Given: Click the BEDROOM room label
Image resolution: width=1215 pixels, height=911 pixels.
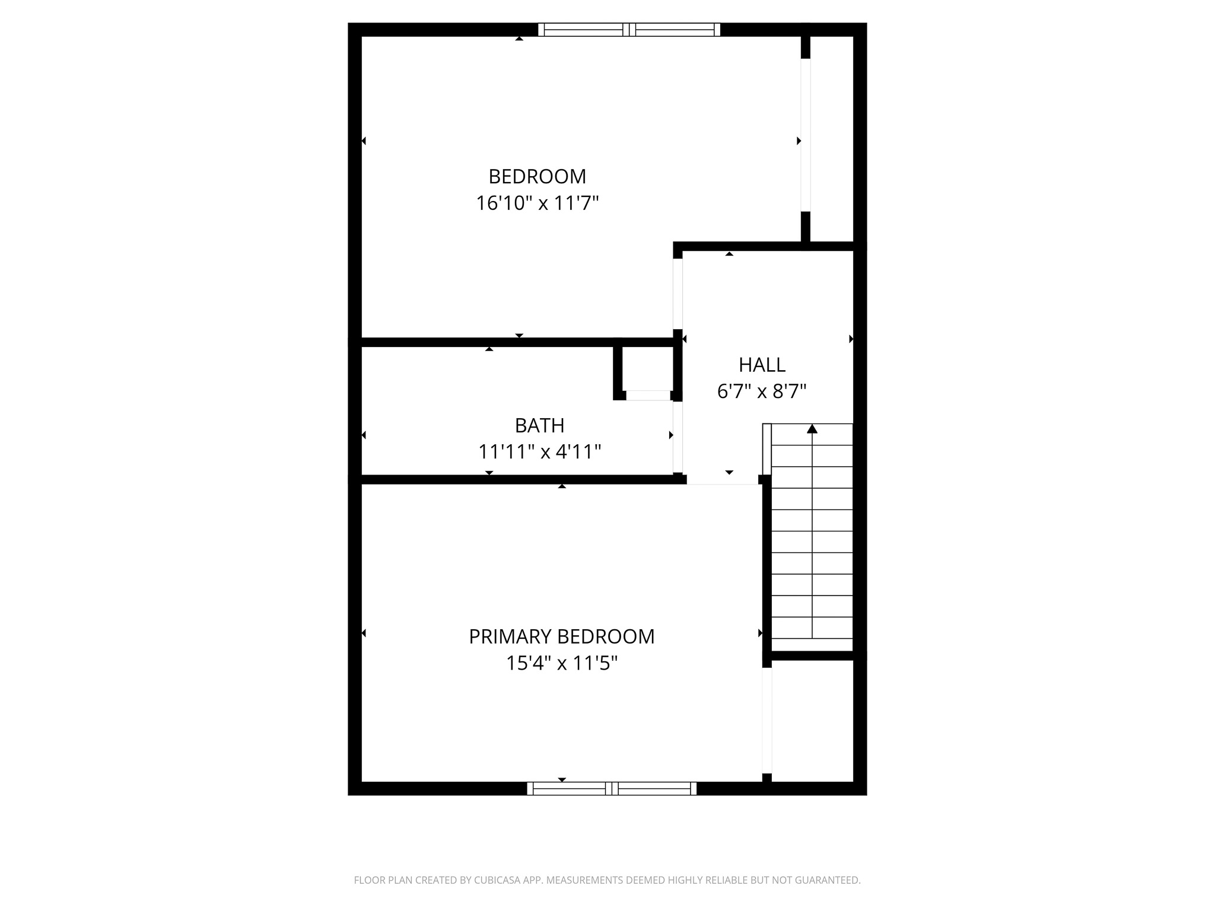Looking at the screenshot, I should pyautogui.click(x=537, y=176).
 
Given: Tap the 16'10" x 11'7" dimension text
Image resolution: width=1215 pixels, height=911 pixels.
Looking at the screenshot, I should pyautogui.click(x=537, y=203).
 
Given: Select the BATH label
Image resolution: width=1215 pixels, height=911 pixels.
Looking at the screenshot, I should pyautogui.click(x=539, y=425).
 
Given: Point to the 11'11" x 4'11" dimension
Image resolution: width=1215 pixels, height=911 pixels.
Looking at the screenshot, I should pyautogui.click(x=539, y=452).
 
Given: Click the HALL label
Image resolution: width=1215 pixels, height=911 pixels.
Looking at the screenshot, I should pyautogui.click(x=762, y=364).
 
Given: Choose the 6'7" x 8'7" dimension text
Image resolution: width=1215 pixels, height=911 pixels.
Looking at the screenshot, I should pyautogui.click(x=762, y=391).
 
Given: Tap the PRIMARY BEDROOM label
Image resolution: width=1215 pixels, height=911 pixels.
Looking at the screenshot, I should pyautogui.click(x=561, y=636).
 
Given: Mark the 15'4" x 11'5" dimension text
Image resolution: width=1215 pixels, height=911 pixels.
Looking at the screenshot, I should pyautogui.click(x=561, y=663).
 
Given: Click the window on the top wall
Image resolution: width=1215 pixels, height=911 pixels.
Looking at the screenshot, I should pyautogui.click(x=629, y=30).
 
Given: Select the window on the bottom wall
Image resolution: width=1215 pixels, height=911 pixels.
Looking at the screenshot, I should pyautogui.click(x=612, y=788).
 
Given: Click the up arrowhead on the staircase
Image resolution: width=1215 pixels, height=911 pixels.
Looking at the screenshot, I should pyautogui.click(x=812, y=429).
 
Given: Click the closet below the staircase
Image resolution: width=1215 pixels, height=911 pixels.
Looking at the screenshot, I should pyautogui.click(x=812, y=721).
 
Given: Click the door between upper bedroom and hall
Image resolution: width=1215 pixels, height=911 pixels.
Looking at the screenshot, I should pyautogui.click(x=678, y=294).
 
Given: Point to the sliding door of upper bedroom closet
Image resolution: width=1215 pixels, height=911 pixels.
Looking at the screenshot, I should pyautogui.click(x=806, y=135).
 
